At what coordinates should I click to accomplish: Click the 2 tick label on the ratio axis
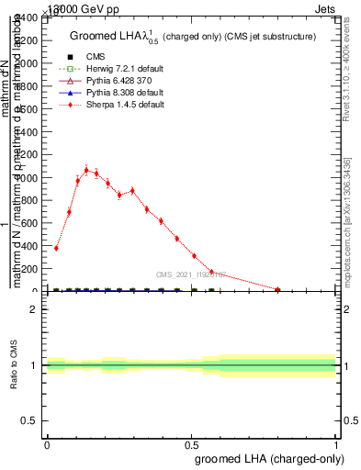point(33,309)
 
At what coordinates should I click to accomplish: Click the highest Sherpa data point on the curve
point(86,170)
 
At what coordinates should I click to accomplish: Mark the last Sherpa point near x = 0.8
point(277,289)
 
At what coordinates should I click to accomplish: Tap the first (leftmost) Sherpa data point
point(56,248)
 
